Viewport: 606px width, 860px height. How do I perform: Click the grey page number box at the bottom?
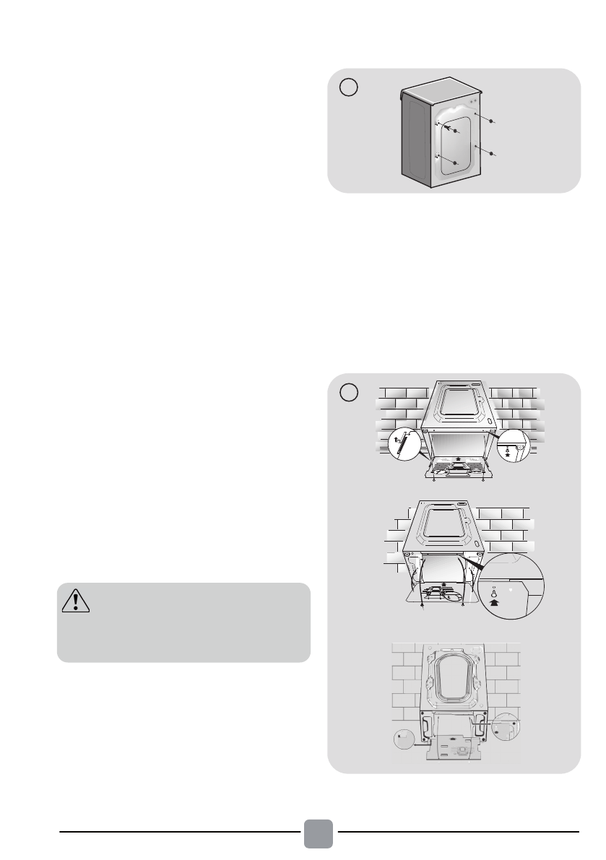pyautogui.click(x=318, y=833)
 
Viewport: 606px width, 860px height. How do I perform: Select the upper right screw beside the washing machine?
pyautogui.click(x=493, y=122)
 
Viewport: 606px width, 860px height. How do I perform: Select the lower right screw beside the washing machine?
pyautogui.click(x=493, y=155)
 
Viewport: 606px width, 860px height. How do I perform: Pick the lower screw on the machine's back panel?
pyautogui.click(x=455, y=164)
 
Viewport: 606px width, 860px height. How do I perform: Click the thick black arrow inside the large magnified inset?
pyautogui.click(x=493, y=596)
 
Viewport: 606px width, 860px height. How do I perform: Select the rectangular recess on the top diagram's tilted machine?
pyautogui.click(x=455, y=405)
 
